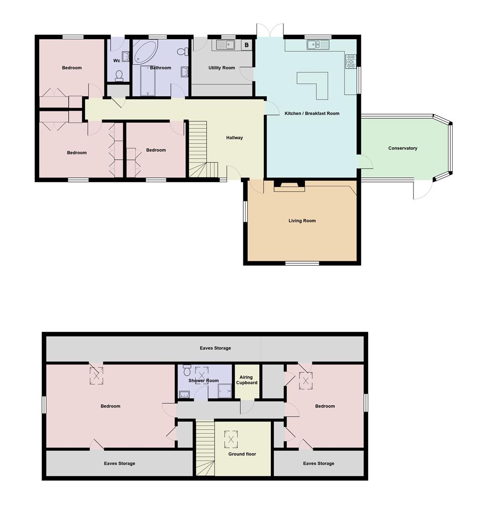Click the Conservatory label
tap(403, 148)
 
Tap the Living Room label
tap(302, 221)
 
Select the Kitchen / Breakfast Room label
tap(312, 113)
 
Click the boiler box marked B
tap(247, 45)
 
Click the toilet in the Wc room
tap(119, 75)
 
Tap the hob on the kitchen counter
tap(351, 62)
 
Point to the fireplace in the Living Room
tap(289, 186)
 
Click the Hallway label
tap(234, 138)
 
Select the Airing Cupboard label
tap(247, 380)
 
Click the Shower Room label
tap(204, 381)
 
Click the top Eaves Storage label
tap(215, 348)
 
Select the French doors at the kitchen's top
tap(270, 30)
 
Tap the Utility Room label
tap(221, 68)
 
